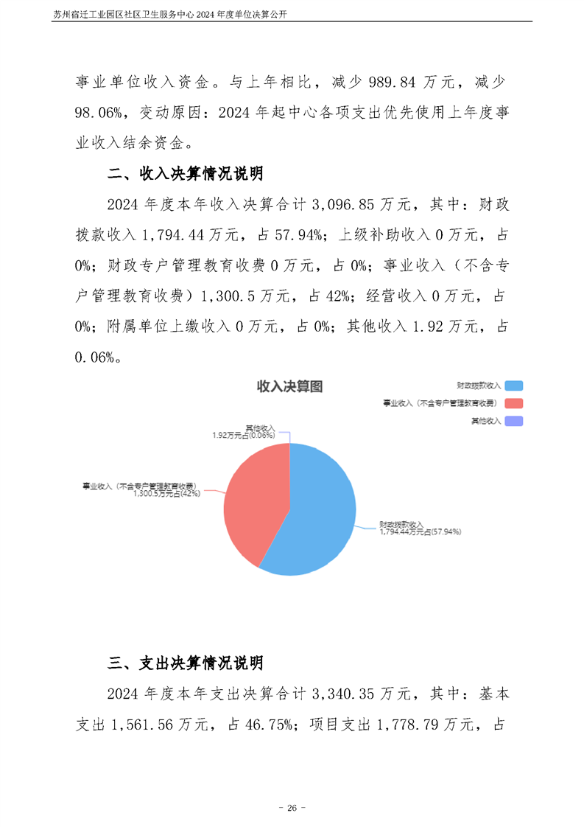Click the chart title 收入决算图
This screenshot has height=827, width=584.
289,386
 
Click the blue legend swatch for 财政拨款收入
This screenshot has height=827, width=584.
513,385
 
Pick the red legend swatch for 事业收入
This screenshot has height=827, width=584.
513,403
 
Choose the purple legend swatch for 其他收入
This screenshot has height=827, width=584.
513,421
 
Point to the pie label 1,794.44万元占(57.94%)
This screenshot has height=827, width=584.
420,531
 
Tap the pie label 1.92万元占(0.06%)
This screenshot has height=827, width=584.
244,436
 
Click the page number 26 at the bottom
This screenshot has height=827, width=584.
292,808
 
